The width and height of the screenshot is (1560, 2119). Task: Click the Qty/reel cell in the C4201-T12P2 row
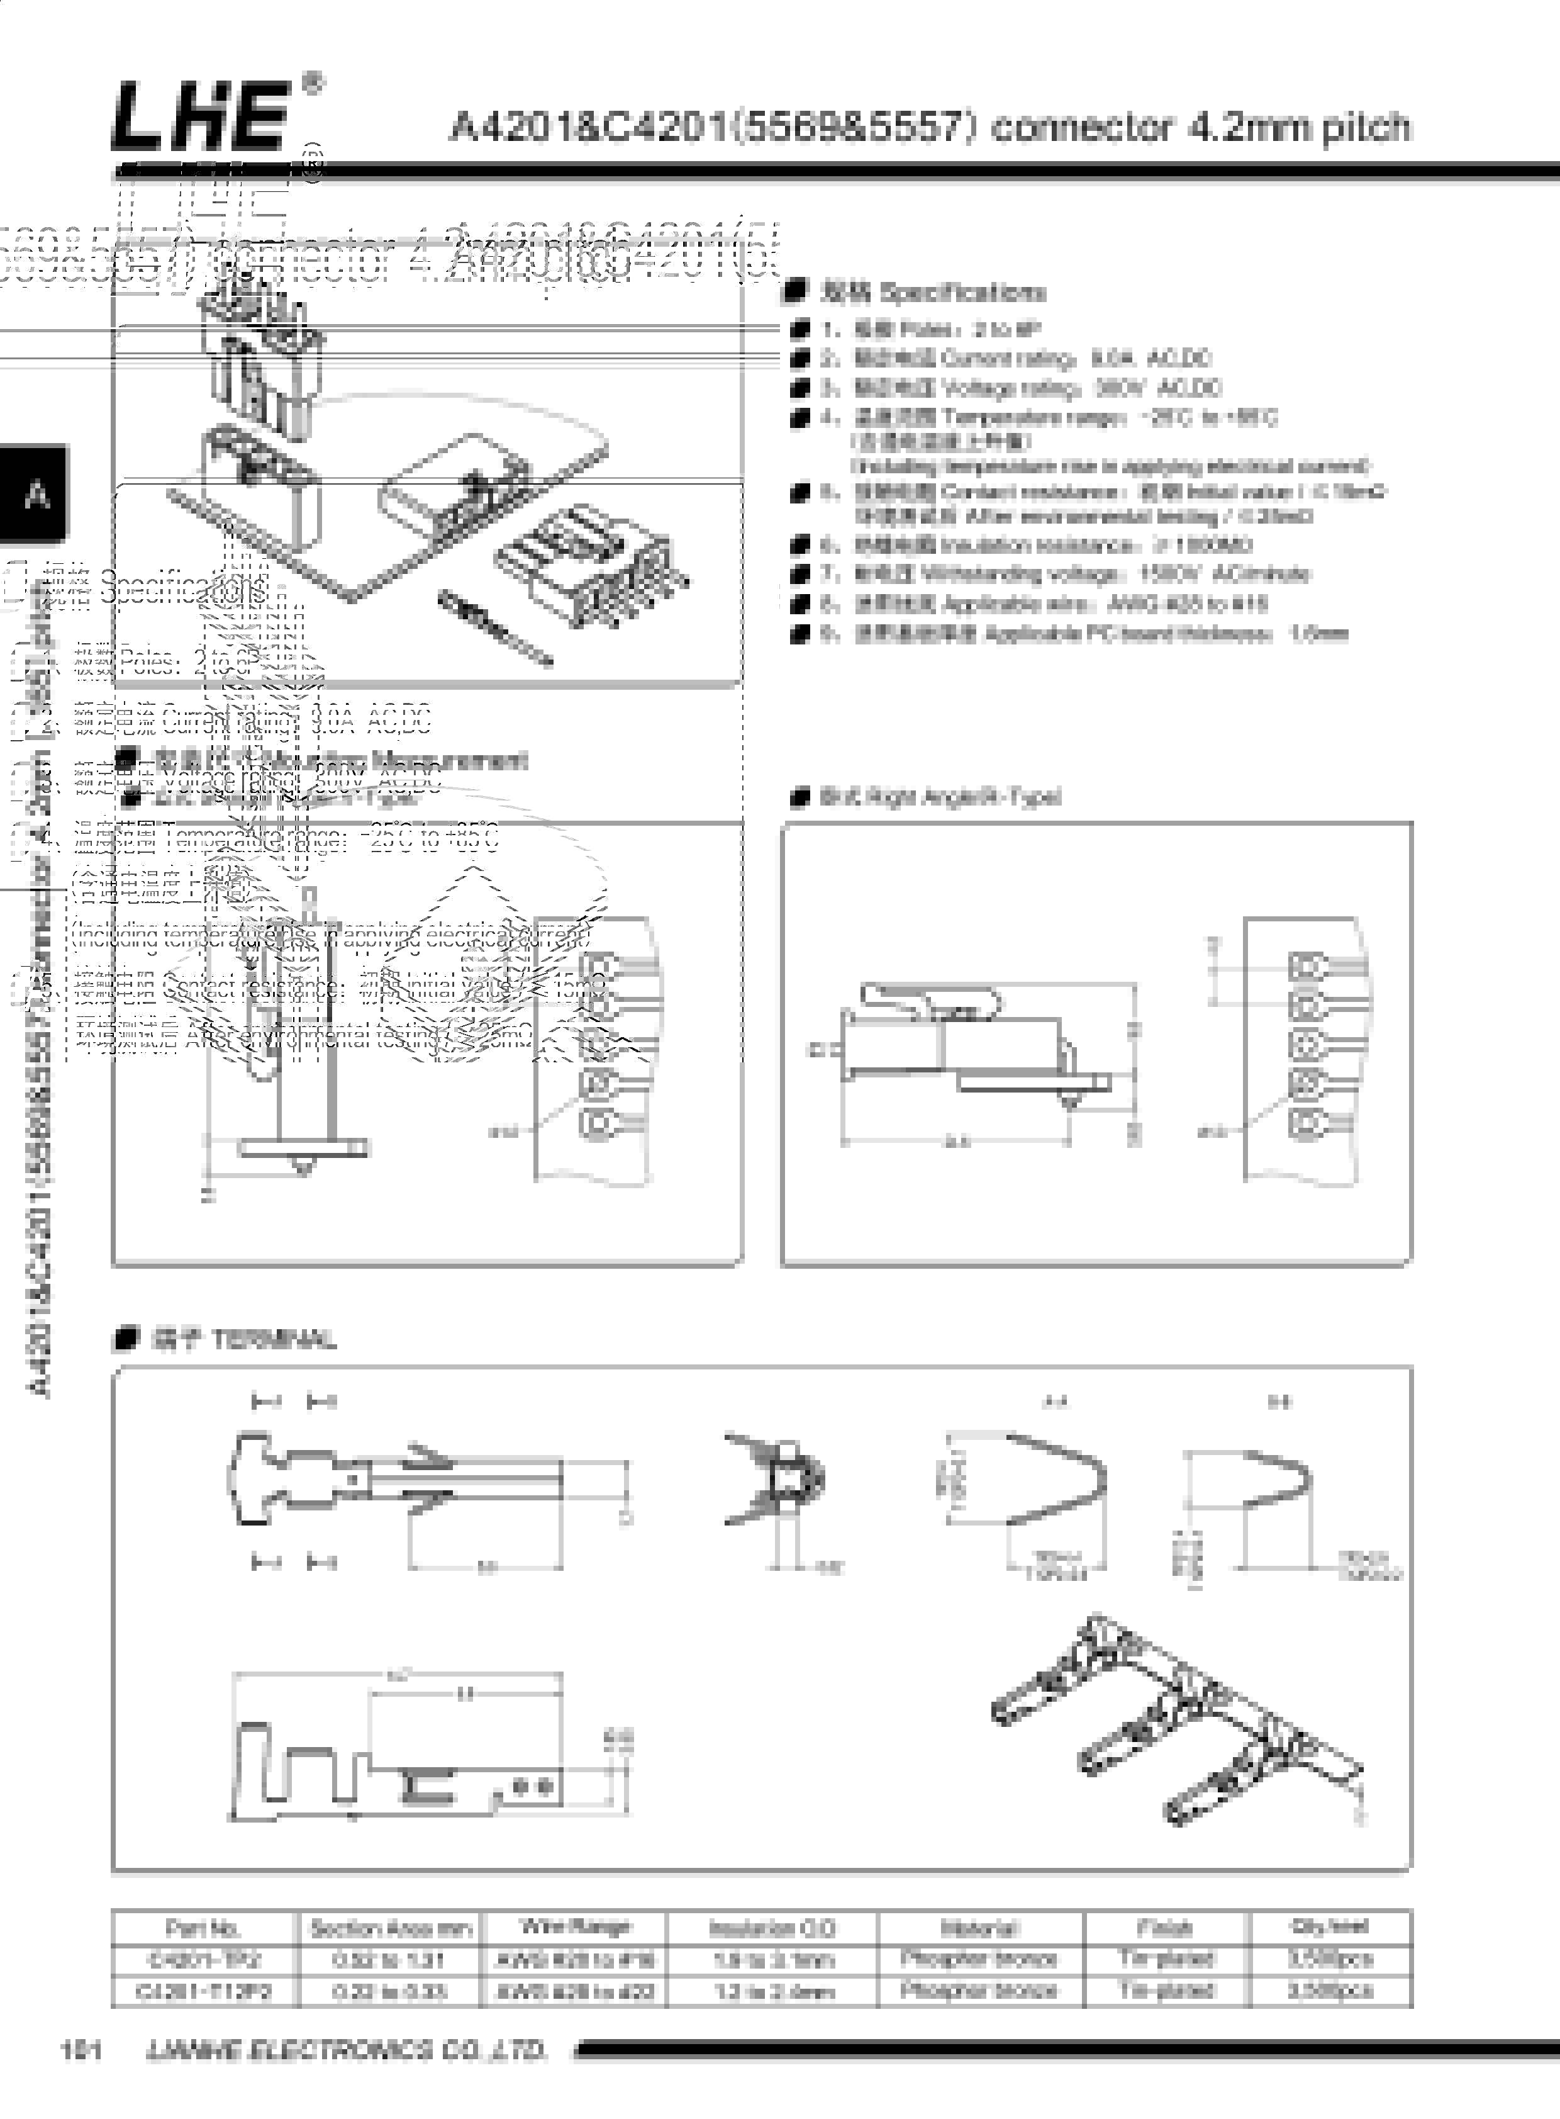point(1330,1991)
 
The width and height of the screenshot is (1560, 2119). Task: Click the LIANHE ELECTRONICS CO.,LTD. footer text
point(347,2050)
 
